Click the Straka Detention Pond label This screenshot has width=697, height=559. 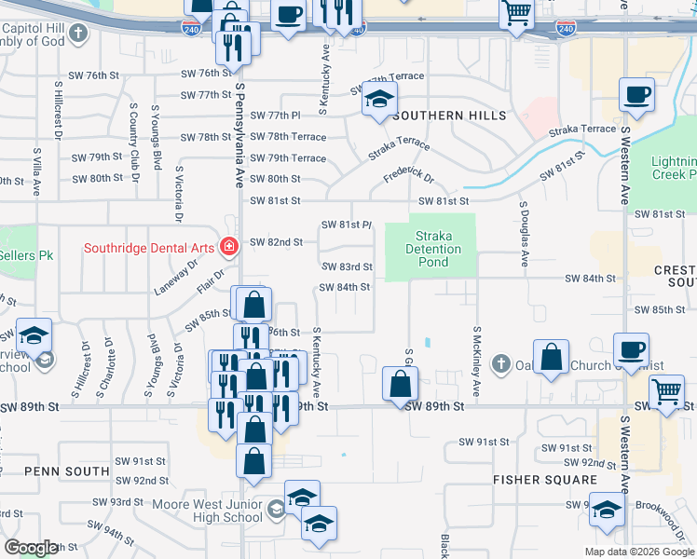click(x=433, y=249)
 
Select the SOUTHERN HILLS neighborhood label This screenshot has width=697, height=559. click(x=449, y=116)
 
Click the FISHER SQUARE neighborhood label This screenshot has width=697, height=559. click(x=545, y=480)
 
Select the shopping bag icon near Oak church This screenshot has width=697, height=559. click(x=552, y=358)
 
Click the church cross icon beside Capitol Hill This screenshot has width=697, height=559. click(x=78, y=34)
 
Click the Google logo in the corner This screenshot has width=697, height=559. click(x=32, y=548)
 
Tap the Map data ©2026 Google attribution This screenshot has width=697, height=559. click(x=638, y=552)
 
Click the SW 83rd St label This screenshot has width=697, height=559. click(x=348, y=266)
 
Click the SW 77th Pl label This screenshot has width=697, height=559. click(x=278, y=116)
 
